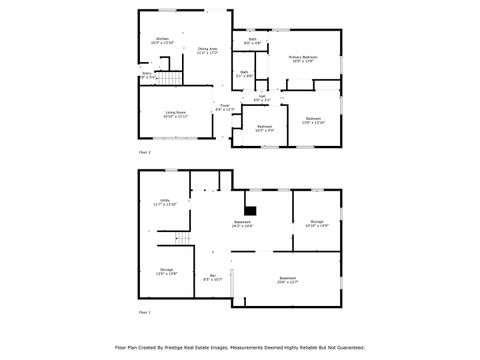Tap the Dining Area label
(207, 50)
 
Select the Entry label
(147, 75)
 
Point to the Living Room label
(176, 114)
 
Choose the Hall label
(262, 98)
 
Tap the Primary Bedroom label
(303, 59)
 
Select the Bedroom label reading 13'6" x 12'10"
(312, 120)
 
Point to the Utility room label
(165, 202)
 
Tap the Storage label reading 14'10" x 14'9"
(316, 223)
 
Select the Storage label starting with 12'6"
(166, 271)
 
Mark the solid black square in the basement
(253, 211)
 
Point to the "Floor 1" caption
(144, 312)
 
